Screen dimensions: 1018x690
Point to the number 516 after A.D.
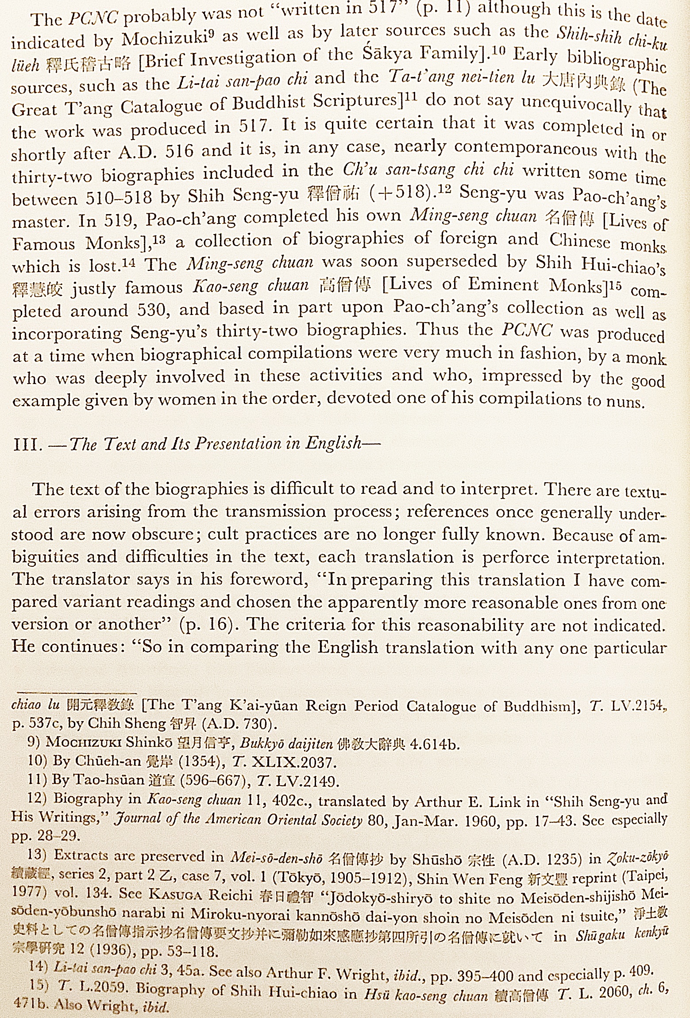pos(179,152)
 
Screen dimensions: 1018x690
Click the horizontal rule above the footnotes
pos(75,693)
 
